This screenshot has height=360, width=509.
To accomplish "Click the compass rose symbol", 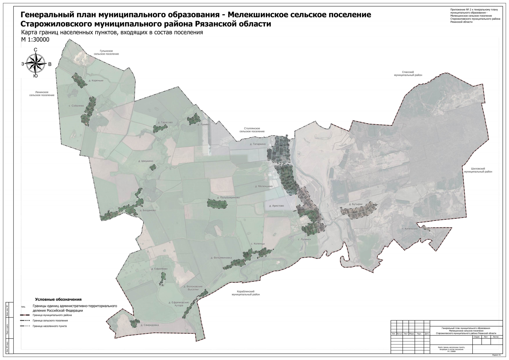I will pyautogui.click(x=36, y=64).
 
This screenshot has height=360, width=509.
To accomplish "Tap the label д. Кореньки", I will pyautogui.click(x=96, y=80).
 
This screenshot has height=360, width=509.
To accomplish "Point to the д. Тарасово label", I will pyautogui.click(x=165, y=122).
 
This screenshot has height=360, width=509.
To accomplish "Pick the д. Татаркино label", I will pyautogui.click(x=258, y=144).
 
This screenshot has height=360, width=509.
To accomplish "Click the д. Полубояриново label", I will pyautogui.click(x=228, y=198).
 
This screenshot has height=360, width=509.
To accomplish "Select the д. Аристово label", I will pyautogui.click(x=276, y=206).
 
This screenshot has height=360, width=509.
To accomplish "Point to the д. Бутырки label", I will pyautogui.click(x=356, y=204).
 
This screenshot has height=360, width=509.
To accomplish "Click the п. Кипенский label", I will pyautogui.click(x=410, y=229).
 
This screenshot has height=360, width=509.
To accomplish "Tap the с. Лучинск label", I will pyautogui.click(x=304, y=239).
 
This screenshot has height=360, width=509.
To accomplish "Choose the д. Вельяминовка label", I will pyautogui.click(x=221, y=258).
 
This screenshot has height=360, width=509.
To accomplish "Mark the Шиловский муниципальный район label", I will pyautogui.click(x=478, y=170).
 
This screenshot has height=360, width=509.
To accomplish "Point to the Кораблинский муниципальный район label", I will pyautogui.click(x=246, y=293).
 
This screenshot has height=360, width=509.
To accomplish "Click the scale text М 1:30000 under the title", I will pyautogui.click(x=35, y=40).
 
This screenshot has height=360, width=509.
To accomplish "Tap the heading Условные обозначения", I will pyautogui.click(x=58, y=299).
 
